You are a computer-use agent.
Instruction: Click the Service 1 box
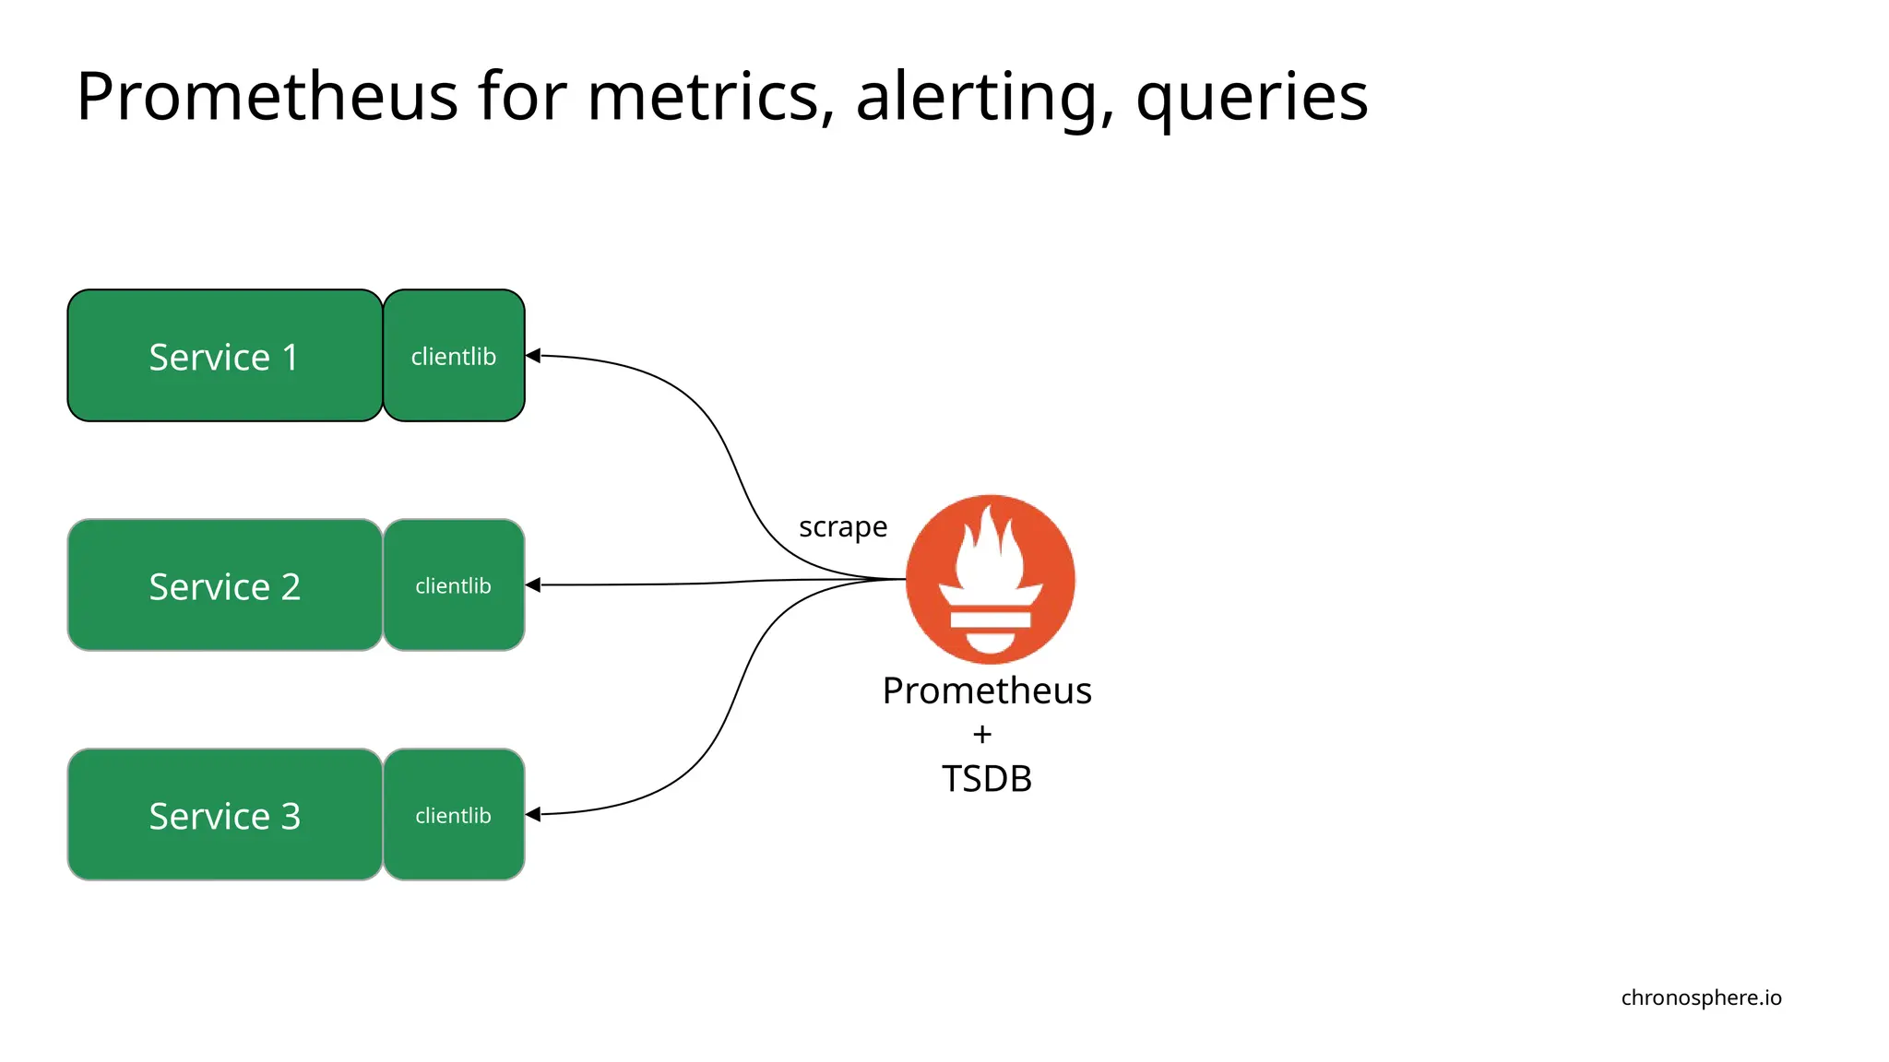(x=224, y=356)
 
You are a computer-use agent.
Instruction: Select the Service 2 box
(x=224, y=585)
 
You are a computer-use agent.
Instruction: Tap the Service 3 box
(x=224, y=815)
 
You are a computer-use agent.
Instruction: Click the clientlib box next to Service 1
(x=454, y=356)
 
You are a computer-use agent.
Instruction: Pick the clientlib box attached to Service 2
(x=454, y=585)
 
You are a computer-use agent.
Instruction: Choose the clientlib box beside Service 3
(x=454, y=815)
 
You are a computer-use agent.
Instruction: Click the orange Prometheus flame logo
(x=990, y=579)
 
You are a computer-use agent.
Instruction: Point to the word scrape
(x=842, y=527)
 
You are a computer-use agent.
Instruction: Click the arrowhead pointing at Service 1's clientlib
(x=533, y=355)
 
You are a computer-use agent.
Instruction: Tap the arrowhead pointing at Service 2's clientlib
(x=533, y=584)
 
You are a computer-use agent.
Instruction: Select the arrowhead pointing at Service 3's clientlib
(x=533, y=814)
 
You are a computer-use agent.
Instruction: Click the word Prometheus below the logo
(x=986, y=690)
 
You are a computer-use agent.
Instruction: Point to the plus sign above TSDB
(x=982, y=735)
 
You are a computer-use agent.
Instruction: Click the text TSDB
(x=986, y=779)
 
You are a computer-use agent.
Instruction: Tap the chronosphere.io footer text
(x=1701, y=997)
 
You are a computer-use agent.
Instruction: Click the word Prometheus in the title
(x=267, y=96)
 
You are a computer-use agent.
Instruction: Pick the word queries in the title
(x=1251, y=98)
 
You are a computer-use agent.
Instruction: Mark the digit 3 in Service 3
(x=291, y=816)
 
